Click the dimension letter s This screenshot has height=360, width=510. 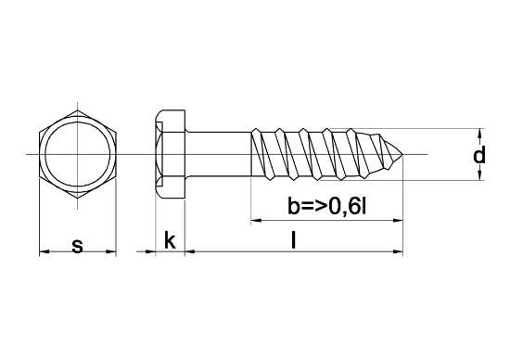point(77,245)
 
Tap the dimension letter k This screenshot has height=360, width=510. point(170,241)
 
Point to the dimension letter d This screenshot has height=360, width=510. point(478,156)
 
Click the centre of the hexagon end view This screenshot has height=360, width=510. point(77,153)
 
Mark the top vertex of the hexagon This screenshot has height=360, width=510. point(77,107)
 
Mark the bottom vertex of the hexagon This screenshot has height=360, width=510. point(77,199)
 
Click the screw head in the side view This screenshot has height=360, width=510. point(169,153)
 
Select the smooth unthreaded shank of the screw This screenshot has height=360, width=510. point(218,153)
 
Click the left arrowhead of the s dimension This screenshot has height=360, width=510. point(43,251)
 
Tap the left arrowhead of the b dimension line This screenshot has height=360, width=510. point(256,220)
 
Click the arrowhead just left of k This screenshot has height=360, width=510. point(148,251)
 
